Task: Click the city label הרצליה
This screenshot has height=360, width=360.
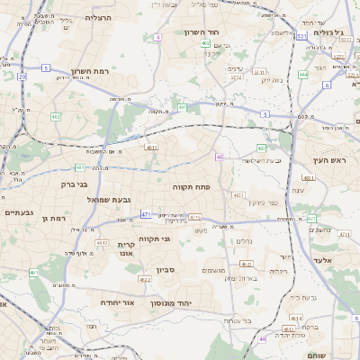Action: [98, 18]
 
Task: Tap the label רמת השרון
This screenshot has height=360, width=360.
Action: [89, 72]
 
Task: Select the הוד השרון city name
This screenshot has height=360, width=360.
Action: [202, 32]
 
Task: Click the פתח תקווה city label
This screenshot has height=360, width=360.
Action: [191, 186]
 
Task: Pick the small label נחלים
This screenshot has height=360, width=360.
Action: [244, 241]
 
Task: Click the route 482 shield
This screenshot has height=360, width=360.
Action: [56, 117]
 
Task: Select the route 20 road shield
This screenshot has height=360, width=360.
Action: [22, 76]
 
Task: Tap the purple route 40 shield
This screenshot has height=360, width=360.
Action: [220, 157]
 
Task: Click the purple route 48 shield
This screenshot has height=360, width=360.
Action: [264, 339]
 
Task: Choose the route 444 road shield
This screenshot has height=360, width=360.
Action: [304, 74]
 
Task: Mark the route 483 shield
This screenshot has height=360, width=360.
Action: [261, 148]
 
